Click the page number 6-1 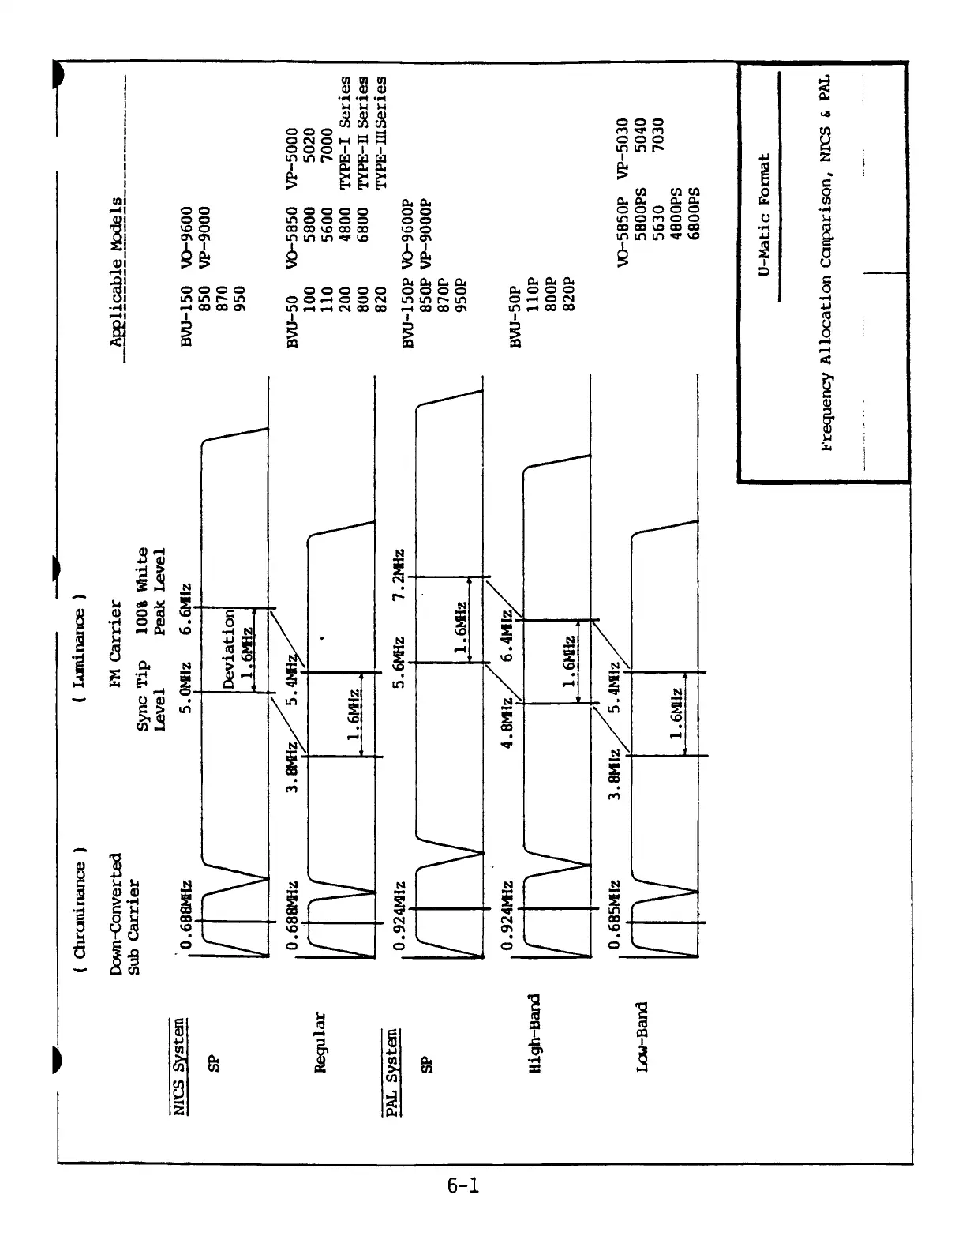pos(463,1185)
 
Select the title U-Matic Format pos(763,215)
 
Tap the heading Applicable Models pos(117,272)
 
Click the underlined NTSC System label pos(180,1068)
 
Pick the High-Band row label pos(534,1033)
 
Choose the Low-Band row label pos(642,1037)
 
